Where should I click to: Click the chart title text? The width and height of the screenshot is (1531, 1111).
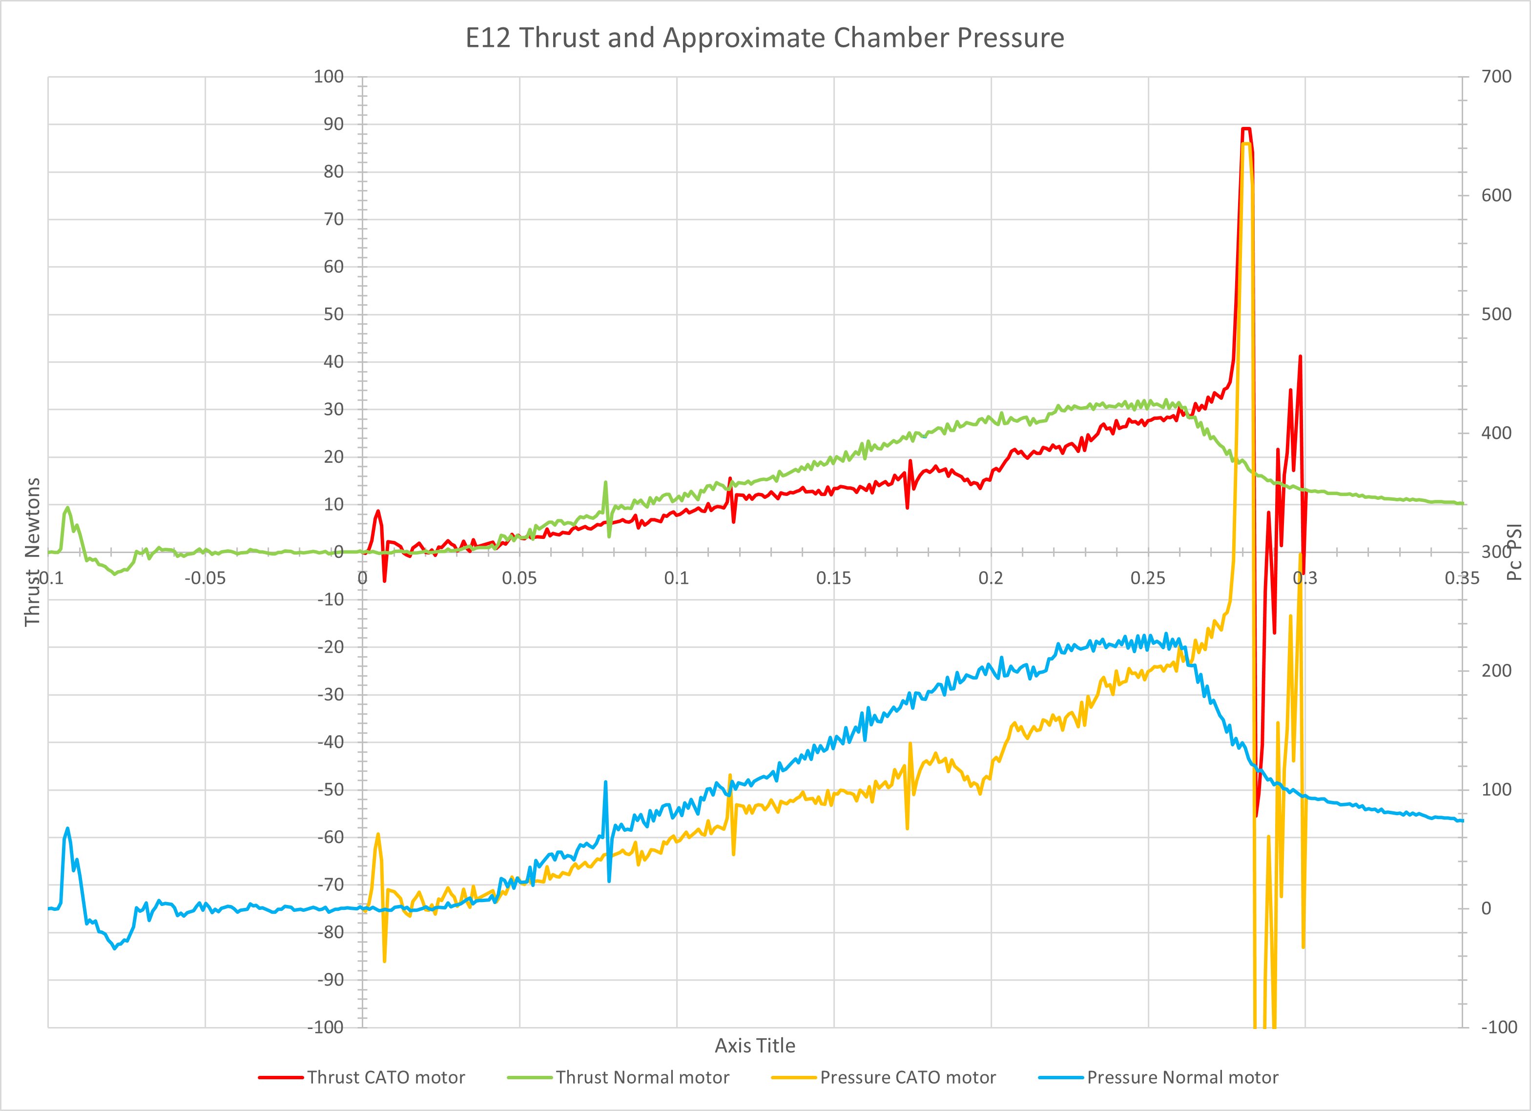click(x=765, y=38)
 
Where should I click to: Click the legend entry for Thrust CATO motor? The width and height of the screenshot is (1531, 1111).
click(x=386, y=1077)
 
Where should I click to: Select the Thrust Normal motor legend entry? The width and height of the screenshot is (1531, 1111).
click(x=642, y=1077)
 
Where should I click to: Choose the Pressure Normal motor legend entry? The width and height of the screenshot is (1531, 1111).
click(x=1182, y=1077)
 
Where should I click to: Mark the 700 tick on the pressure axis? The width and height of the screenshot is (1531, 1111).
click(x=1496, y=77)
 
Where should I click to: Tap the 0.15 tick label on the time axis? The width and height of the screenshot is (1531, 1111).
click(x=834, y=578)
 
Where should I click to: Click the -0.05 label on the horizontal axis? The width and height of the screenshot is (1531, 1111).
click(x=205, y=578)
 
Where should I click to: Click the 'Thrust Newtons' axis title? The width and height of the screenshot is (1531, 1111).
click(x=32, y=552)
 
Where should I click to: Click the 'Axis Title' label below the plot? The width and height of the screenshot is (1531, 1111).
click(x=755, y=1046)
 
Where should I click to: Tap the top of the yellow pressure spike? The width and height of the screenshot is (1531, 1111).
click(x=1246, y=143)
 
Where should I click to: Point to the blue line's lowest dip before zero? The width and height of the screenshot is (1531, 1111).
click(x=114, y=948)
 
